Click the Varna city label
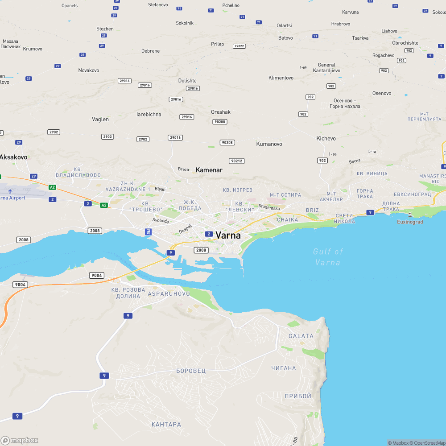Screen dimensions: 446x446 [228, 235]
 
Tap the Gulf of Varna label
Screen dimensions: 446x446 [328, 257]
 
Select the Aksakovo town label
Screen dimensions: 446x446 [13, 157]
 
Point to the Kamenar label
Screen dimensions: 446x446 [209, 170]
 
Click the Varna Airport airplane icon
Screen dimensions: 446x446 [10, 191]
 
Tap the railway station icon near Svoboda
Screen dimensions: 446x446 [148, 231]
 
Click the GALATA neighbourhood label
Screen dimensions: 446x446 [301, 336]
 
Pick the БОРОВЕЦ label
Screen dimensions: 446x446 [191, 371]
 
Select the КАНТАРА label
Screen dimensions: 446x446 [166, 424]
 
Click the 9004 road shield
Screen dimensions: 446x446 [96, 275]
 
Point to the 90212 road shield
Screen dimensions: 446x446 [237, 161]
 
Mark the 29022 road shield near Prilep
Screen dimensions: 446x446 [240, 46]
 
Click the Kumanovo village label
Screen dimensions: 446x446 [269, 144]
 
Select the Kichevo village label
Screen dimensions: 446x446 [326, 138]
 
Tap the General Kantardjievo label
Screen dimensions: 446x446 [326, 68]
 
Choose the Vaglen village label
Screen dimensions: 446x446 [100, 119]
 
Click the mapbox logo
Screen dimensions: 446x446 [20, 440]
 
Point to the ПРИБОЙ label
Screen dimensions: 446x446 [298, 396]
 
